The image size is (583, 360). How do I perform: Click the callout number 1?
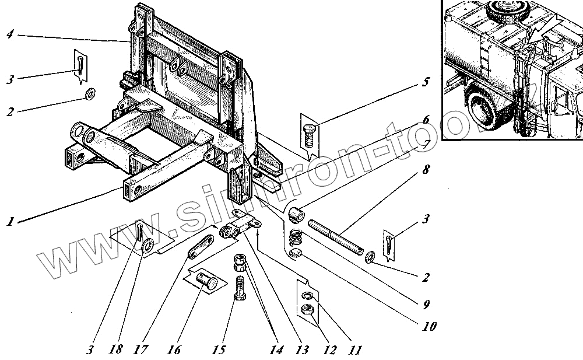[x=11, y=222]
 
